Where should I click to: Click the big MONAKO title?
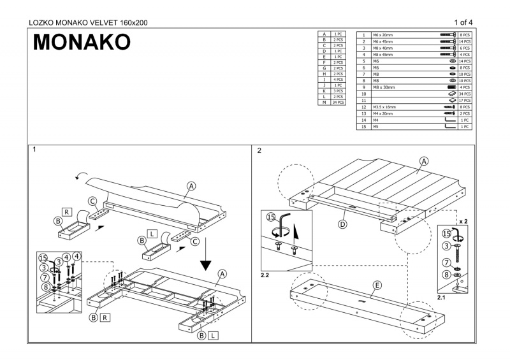pos(82,41)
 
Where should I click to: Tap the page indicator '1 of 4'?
pos(463,22)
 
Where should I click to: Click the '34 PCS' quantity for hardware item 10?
pos(464,94)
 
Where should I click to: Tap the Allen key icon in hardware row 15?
pos(450,126)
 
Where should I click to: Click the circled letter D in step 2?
pos(342,224)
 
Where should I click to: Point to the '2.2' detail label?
pos(266,275)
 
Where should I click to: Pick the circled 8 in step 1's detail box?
pos(45,287)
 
